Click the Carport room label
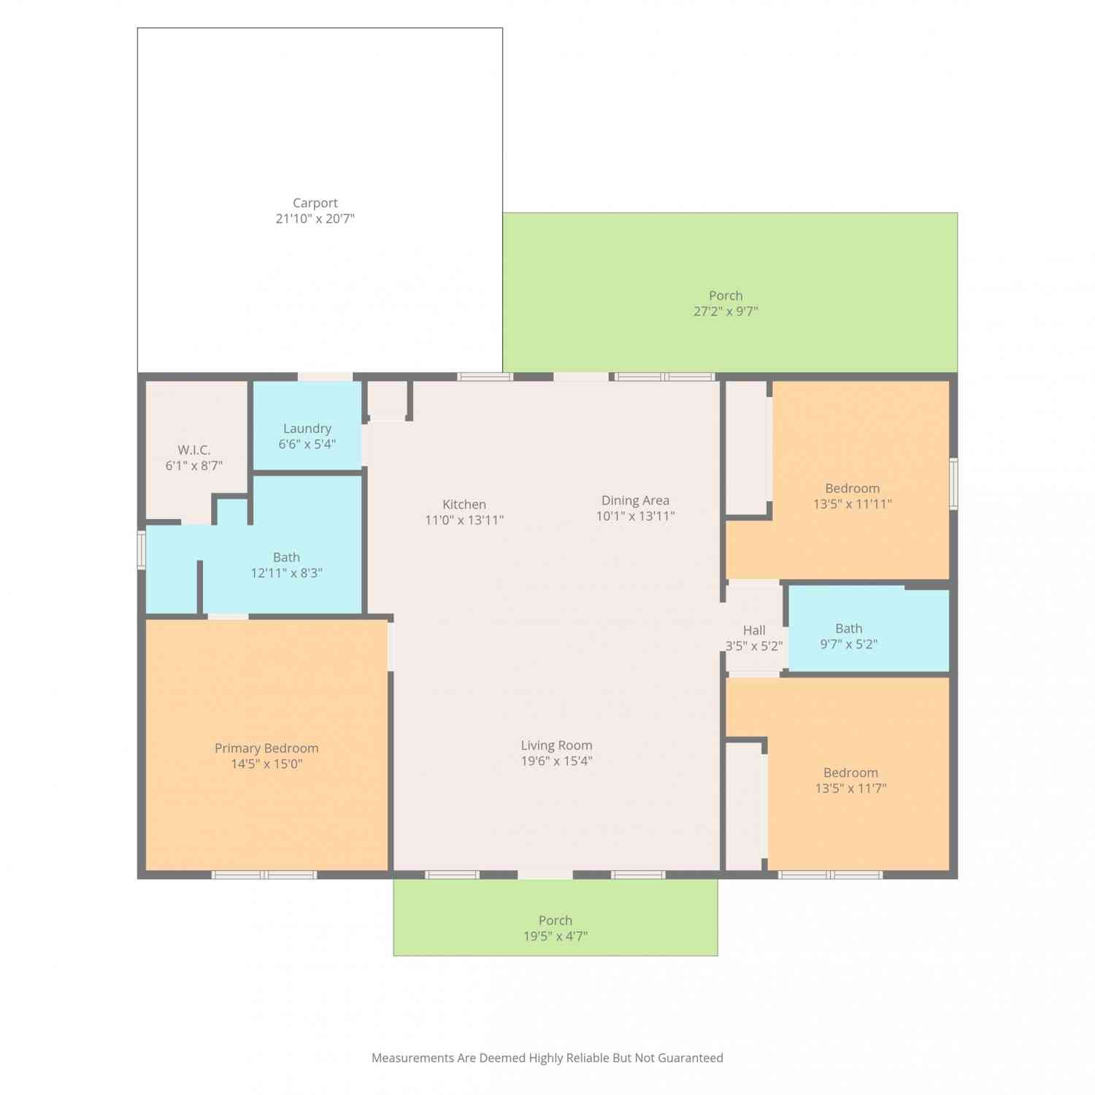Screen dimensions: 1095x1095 pos(315,203)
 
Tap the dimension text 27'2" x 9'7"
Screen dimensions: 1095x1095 pos(726,311)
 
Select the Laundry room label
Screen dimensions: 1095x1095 pos(307,429)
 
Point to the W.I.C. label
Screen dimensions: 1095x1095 pos(194,450)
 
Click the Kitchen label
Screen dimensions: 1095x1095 pos(464,504)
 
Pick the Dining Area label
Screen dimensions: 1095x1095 pos(635,500)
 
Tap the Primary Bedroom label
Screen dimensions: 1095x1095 pos(266,748)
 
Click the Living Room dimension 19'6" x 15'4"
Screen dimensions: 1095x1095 pos(556,761)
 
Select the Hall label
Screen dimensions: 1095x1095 pos(754,630)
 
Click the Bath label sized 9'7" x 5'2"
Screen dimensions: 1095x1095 pos(849,629)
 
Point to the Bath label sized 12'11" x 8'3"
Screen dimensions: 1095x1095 pos(286,557)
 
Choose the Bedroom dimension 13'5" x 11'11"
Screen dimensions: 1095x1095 pos(853,504)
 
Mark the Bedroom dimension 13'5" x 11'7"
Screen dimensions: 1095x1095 pos(851,788)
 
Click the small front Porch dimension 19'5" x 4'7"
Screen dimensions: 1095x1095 pos(556,936)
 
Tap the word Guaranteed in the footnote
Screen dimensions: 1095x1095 pos(691,1058)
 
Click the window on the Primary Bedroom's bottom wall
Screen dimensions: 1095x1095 pos(264,875)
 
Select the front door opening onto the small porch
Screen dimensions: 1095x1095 pos(545,875)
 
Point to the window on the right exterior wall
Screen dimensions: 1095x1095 pos(953,483)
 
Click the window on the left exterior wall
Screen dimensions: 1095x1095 pos(142,550)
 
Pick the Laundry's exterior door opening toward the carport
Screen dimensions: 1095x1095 pos(325,377)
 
